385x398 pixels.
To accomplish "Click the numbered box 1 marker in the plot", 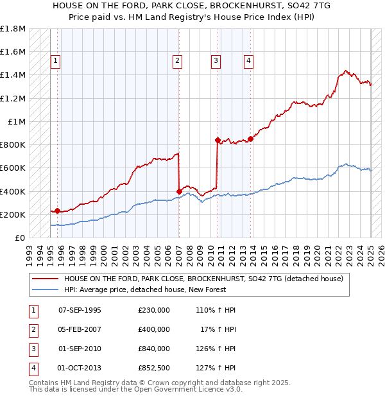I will point(55,61).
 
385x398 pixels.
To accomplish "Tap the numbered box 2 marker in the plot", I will point(177,61).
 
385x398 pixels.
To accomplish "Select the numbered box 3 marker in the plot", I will point(216,61).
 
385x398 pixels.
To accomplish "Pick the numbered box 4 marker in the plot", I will point(248,61).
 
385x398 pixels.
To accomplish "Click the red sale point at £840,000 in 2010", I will point(218,139).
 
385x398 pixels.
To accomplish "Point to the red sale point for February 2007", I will point(179,191).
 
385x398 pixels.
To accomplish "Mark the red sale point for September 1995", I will point(58,211).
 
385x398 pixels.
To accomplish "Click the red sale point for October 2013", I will point(250,139).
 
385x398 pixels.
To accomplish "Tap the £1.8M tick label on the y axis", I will point(13,29).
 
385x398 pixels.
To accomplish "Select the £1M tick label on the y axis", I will point(17,121).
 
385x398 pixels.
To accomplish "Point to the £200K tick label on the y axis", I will point(13,214).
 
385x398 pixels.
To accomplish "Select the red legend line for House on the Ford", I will point(46,279).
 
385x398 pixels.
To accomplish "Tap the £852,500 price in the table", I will point(154,368).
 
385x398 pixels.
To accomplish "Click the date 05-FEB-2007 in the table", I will point(80,329).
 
